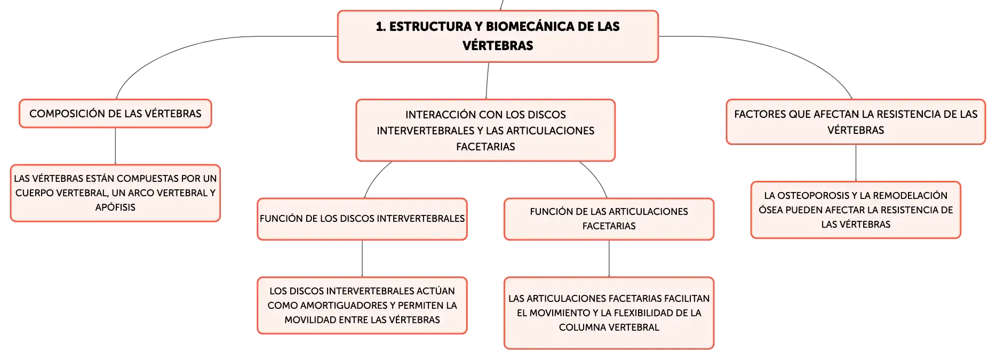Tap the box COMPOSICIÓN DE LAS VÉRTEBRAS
(x=115, y=114)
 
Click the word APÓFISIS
(x=115, y=207)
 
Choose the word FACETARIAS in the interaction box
(x=485, y=147)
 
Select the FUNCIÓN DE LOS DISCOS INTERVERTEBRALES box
(x=362, y=219)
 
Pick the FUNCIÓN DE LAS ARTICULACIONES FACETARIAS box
(x=609, y=219)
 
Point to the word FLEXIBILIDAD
(x=642, y=313)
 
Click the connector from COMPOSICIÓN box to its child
(x=115, y=146)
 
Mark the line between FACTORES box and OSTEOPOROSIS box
(x=856, y=163)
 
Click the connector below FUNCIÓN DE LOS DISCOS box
(x=362, y=259)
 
